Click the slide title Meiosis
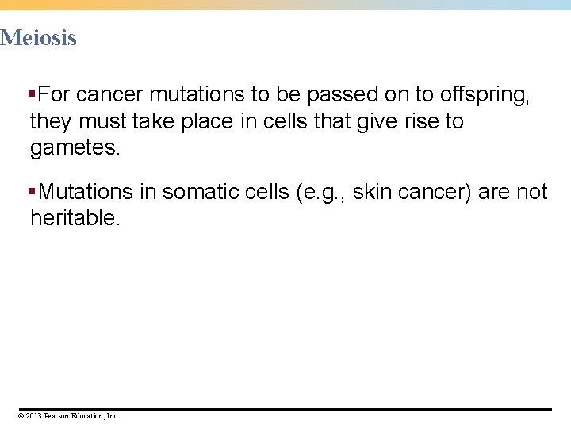click(38, 37)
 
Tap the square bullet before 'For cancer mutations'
click(33, 95)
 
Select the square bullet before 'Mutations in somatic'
click(33, 192)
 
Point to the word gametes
click(75, 148)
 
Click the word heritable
click(75, 218)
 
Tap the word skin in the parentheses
click(371, 192)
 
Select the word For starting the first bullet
click(54, 96)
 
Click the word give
click(366, 122)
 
